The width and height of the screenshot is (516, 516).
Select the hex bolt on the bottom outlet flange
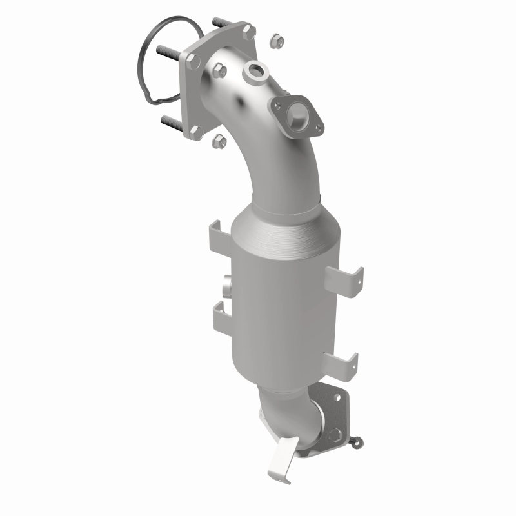336,430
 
